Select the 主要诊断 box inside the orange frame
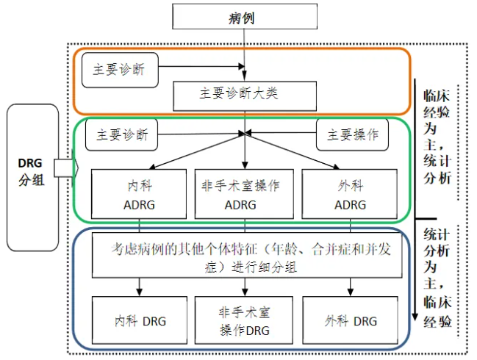tap(119, 69)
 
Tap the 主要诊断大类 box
tap(244, 94)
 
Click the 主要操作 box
tap(353, 134)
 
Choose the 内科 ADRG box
tap(138, 194)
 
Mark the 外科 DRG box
tap(351, 320)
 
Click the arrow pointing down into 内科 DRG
tap(139, 287)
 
